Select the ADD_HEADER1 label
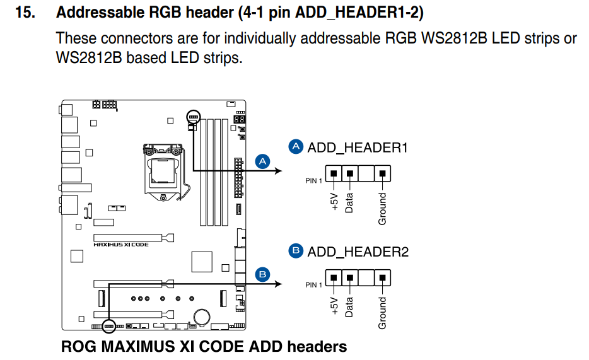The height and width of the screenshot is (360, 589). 358,148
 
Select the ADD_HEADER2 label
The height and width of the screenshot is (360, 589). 358,252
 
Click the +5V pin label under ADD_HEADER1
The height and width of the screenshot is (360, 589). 334,201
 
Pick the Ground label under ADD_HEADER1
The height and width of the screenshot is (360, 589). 382,209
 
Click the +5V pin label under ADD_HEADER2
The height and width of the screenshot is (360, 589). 334,305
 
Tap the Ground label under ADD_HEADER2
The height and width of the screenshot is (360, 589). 382,313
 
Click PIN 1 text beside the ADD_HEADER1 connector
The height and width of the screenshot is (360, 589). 313,181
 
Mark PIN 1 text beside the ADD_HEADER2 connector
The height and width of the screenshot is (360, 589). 313,285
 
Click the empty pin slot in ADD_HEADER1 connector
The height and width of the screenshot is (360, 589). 366,173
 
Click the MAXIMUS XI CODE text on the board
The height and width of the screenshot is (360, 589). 121,245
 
